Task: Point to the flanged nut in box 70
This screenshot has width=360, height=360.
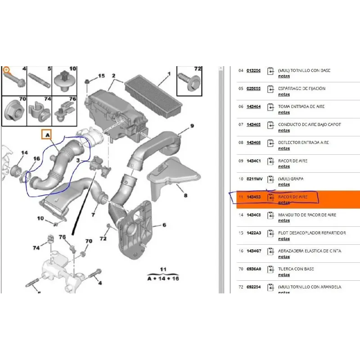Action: tap(13, 110)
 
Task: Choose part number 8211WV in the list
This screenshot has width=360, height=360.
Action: tap(255, 179)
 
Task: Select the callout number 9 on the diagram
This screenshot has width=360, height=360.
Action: tap(192, 126)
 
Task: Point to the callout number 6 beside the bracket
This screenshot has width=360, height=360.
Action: tap(165, 225)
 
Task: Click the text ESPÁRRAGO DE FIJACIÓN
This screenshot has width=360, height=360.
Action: tap(301, 89)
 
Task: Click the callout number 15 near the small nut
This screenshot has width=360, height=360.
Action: tap(101, 76)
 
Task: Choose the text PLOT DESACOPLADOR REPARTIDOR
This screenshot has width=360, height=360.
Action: tap(312, 233)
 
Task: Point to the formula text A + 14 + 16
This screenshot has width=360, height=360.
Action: tap(163, 278)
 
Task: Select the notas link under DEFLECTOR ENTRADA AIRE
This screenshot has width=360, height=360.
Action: tap(284, 148)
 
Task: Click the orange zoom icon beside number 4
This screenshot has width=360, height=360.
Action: tap(6, 70)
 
